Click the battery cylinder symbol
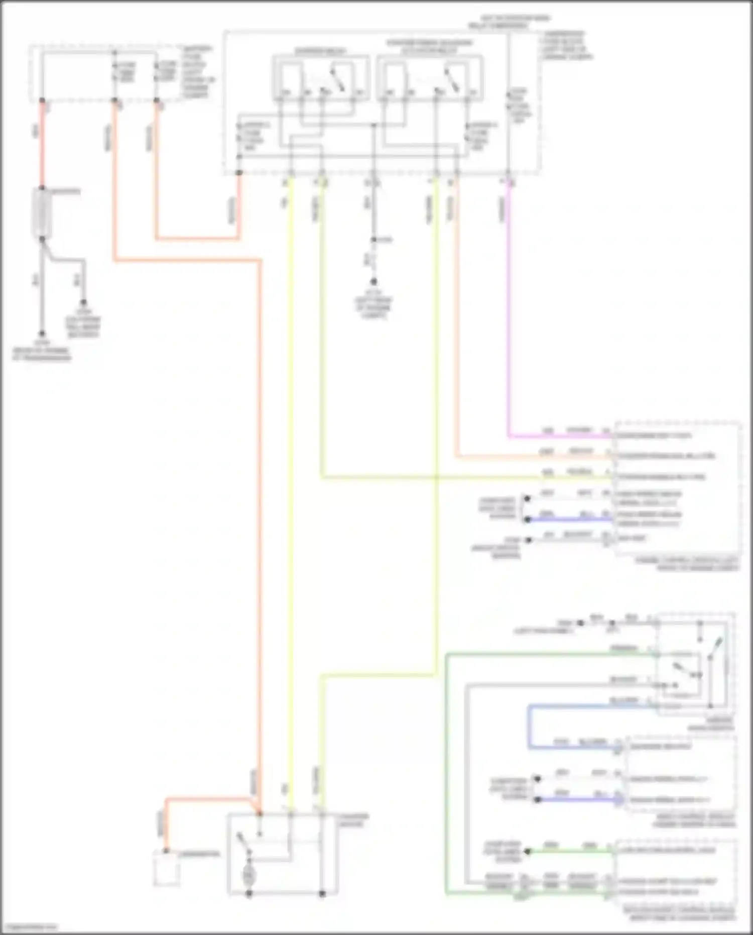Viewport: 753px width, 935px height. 42,213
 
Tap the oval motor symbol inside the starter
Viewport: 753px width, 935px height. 248,875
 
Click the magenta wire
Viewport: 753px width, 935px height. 508,311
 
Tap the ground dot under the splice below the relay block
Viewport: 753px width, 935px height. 373,282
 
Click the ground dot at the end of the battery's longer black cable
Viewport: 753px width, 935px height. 42,334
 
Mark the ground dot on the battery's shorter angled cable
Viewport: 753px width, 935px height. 84,303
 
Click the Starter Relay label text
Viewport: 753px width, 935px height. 317,51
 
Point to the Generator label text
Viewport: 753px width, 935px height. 199,854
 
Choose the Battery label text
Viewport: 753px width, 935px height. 65,191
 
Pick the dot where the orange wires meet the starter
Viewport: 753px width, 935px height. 260,813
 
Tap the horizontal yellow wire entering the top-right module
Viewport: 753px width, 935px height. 452,477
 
